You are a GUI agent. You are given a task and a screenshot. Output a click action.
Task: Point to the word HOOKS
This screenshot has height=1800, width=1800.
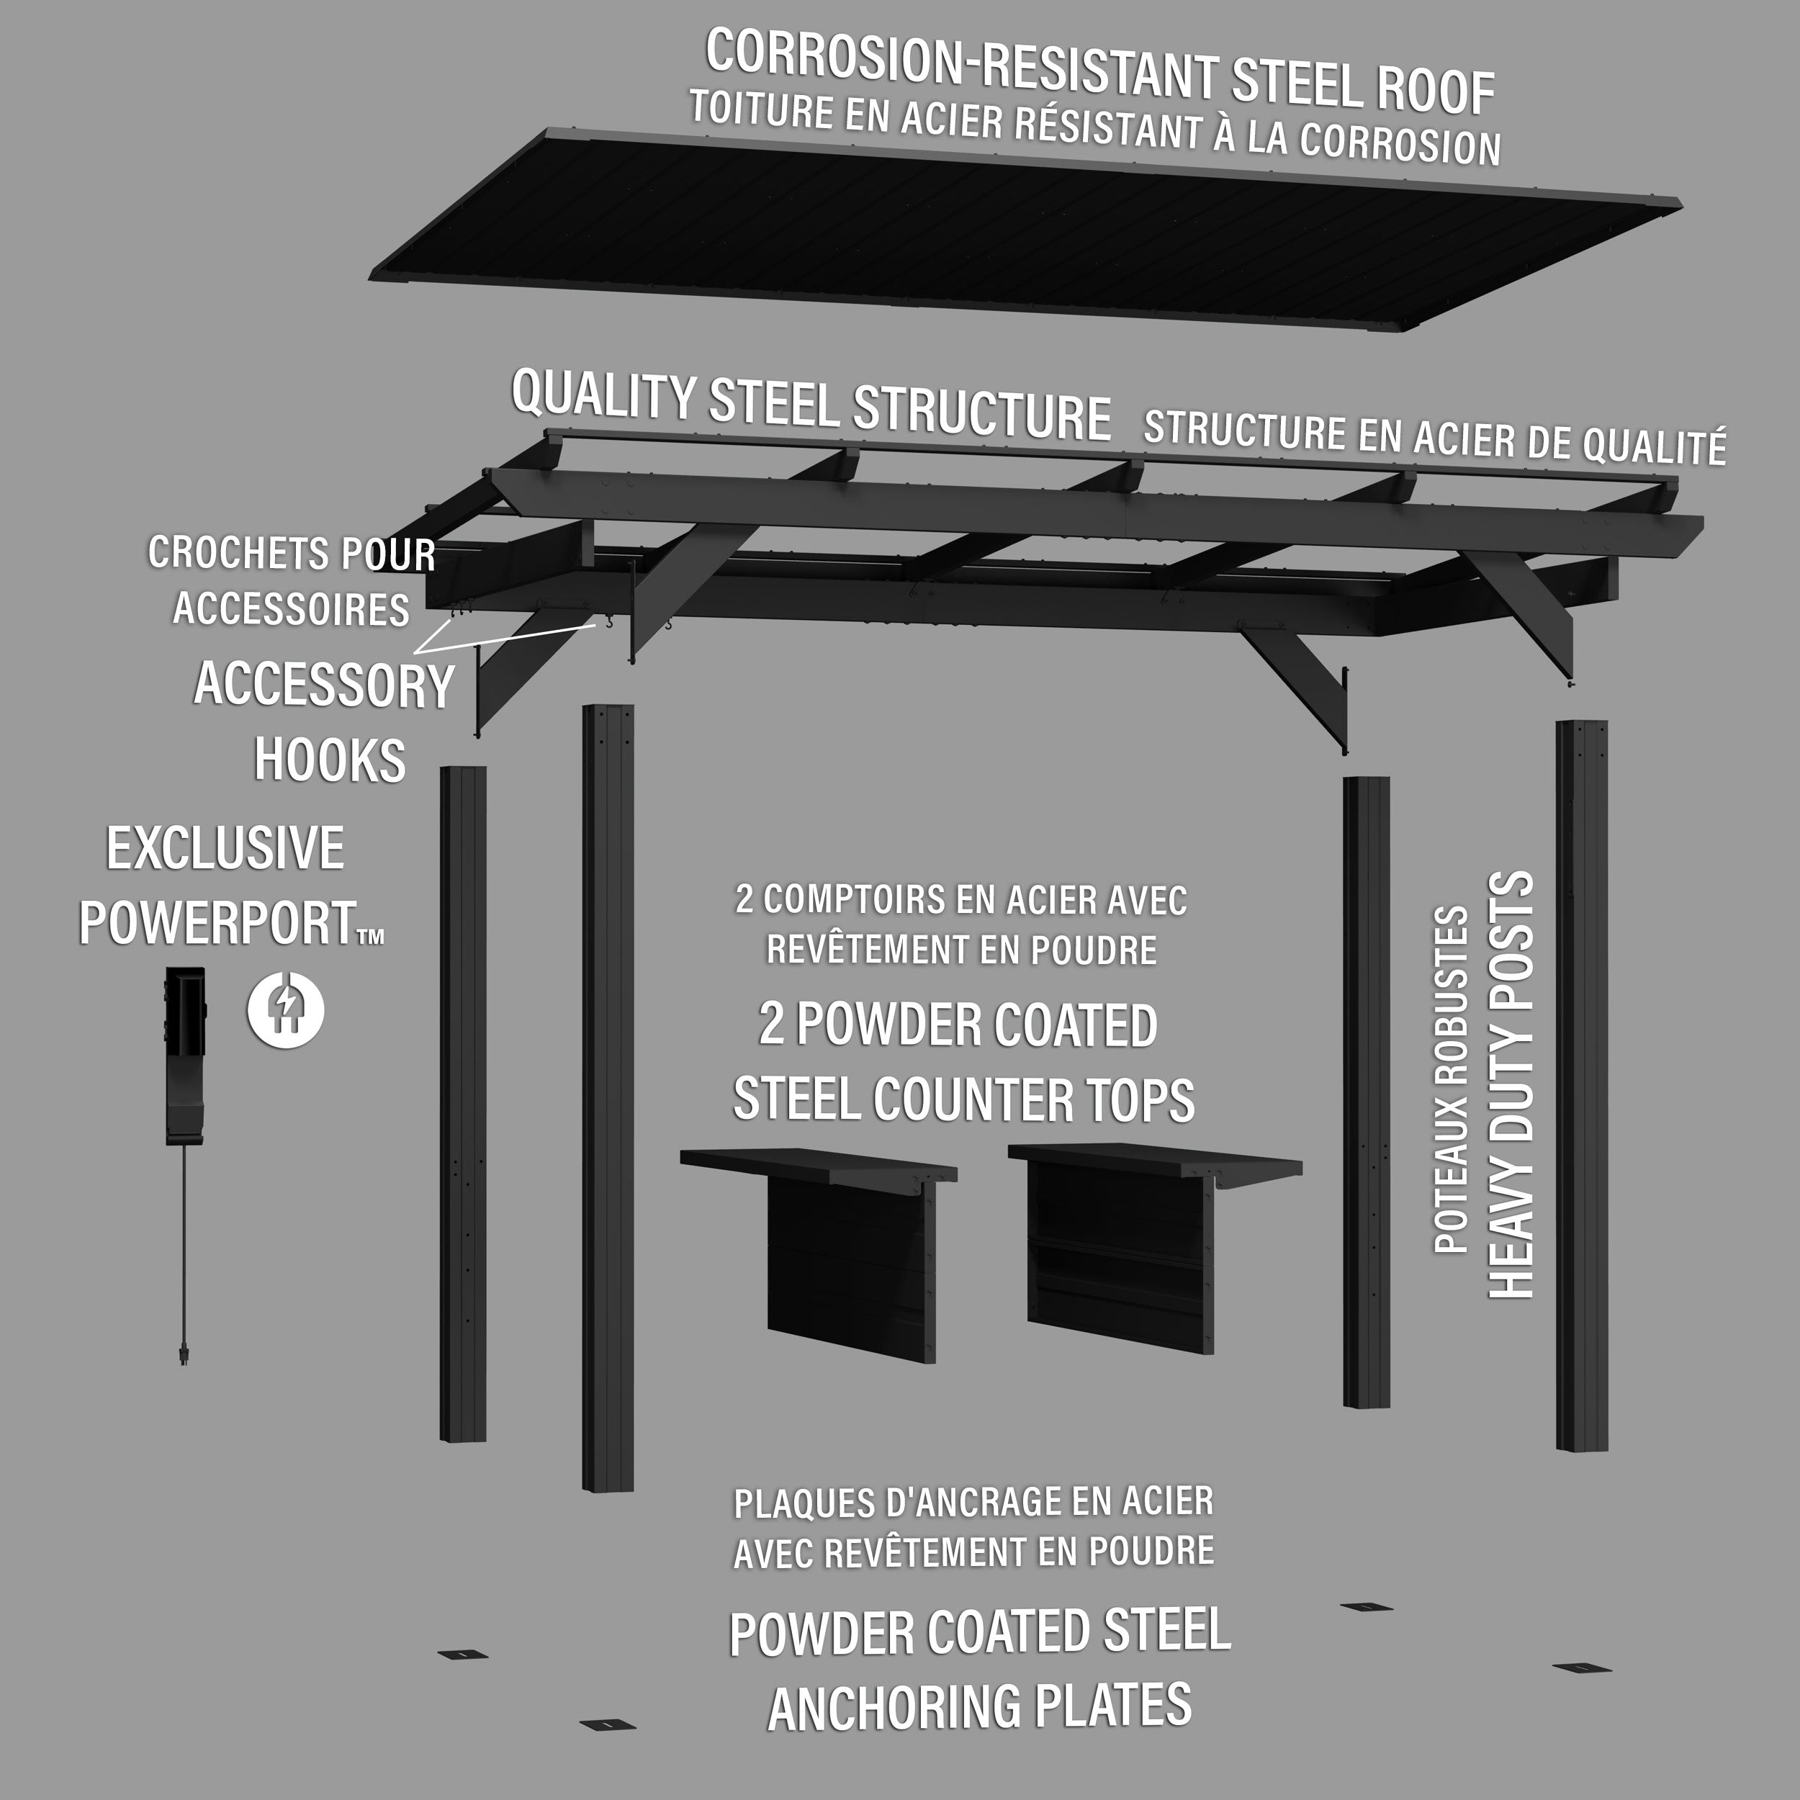tap(330, 761)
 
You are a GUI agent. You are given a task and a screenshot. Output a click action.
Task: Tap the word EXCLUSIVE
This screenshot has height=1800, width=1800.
tap(225, 849)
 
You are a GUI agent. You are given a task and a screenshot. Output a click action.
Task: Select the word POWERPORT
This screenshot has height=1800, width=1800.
tap(216, 922)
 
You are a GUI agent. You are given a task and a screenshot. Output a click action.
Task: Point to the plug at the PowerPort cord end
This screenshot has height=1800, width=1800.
tap(184, 1352)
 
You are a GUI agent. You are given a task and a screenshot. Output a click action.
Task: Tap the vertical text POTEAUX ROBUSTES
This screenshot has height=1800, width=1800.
tap(1451, 1081)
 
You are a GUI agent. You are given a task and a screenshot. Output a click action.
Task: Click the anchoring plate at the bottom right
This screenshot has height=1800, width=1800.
tap(1578, 1667)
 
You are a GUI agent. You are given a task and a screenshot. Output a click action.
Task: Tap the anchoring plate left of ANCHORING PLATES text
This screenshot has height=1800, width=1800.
tap(606, 1724)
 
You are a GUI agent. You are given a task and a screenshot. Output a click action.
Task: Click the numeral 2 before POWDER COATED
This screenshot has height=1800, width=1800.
tap(771, 1025)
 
